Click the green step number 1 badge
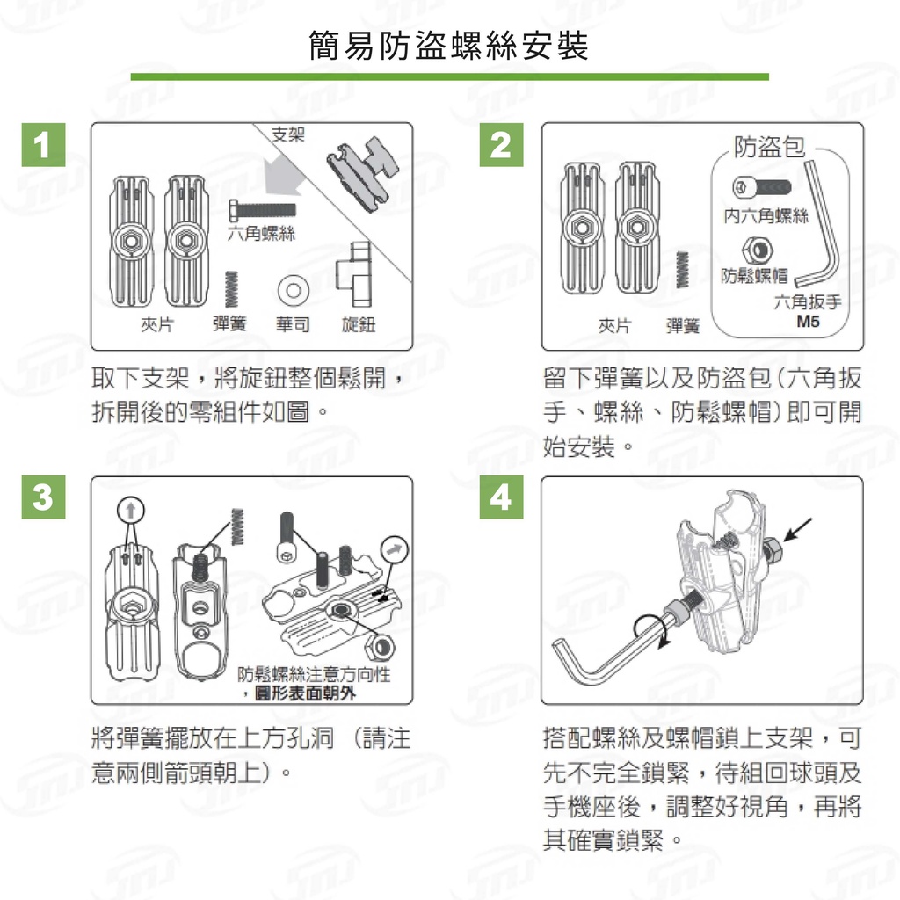click(x=44, y=145)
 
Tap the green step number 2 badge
click(x=501, y=145)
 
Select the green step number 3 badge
click(x=44, y=497)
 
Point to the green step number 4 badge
click(x=501, y=497)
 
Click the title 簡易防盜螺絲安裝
click(x=449, y=46)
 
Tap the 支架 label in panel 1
click(x=288, y=134)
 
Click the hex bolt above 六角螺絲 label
click(x=262, y=209)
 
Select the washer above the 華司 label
click(x=294, y=290)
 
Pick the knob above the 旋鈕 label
click(x=354, y=274)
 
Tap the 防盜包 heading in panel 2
click(x=769, y=147)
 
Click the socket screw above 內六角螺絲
click(x=762, y=187)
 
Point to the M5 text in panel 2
click(x=809, y=322)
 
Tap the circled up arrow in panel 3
click(x=131, y=511)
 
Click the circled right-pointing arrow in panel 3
click(x=395, y=550)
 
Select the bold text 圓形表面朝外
click(x=305, y=693)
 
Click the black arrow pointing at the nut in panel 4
click(x=798, y=530)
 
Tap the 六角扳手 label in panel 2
click(x=808, y=302)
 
